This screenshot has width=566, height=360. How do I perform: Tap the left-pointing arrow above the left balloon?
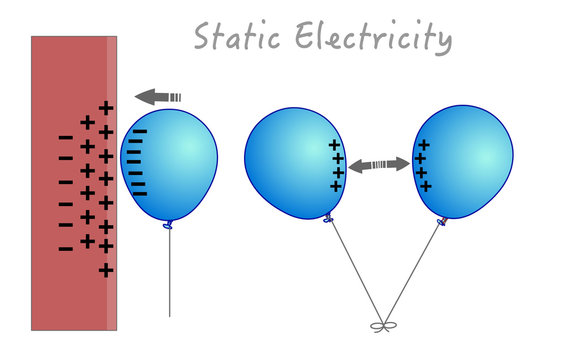[158, 96]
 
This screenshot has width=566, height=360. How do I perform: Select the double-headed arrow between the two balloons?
[379, 164]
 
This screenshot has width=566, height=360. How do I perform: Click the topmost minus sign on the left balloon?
[139, 131]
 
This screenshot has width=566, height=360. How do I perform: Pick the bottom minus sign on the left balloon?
[139, 192]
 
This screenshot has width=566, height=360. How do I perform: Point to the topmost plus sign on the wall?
[106, 108]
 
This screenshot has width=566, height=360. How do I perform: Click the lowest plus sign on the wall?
[106, 270]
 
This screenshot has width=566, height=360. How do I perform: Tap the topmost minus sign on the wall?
[66, 137]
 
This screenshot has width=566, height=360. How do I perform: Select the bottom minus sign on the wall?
[66, 247]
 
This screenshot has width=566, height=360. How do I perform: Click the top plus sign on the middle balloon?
[334, 145]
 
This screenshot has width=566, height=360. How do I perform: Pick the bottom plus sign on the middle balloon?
[337, 186]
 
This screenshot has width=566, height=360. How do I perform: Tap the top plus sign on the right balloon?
[423, 145]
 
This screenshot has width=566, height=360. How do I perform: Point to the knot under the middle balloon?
[328, 217]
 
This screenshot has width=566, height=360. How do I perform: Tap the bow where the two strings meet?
[380, 325]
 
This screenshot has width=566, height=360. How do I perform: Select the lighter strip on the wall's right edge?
[112, 180]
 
